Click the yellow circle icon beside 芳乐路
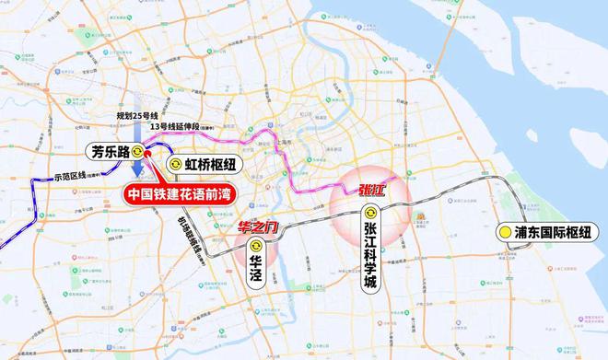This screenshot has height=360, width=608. point(138,152)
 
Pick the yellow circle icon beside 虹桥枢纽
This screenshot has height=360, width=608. point(174,164)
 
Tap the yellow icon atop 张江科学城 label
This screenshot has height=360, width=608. point(370,214)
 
